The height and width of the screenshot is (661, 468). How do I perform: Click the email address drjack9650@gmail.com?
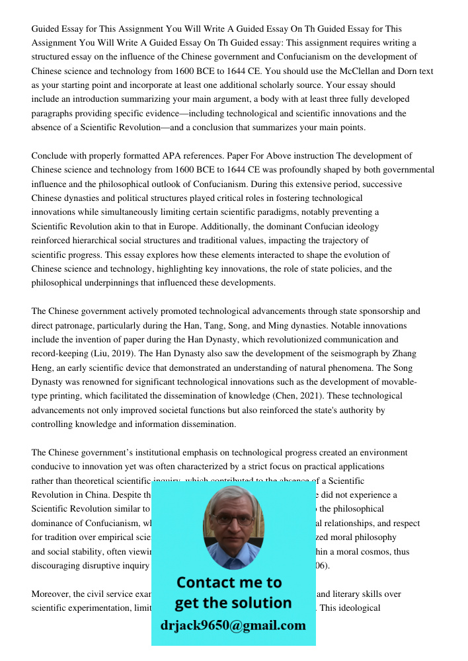coord(233,625)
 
